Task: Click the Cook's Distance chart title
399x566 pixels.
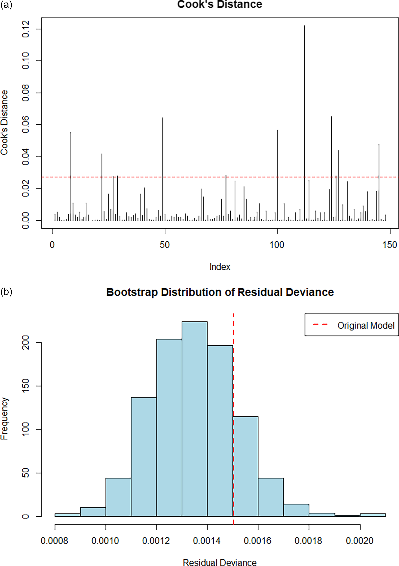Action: pos(220,5)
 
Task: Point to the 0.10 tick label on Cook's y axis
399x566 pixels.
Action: pos(26,61)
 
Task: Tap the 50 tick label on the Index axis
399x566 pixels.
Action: pos(165,245)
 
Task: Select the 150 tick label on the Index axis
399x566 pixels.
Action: pos(390,245)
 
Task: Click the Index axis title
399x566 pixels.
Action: pos(220,267)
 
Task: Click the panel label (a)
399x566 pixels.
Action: pos(6,5)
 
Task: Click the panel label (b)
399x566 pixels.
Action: pos(6,292)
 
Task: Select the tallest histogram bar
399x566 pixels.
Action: pos(195,418)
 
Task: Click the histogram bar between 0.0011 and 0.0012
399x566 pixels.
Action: pos(144,456)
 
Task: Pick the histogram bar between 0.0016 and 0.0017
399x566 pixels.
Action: pos(271,497)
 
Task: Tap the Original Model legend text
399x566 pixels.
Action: pos(366,326)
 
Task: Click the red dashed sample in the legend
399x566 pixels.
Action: pos(320,325)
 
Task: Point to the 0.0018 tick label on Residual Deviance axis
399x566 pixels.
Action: pos(308,540)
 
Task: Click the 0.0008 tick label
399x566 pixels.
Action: pos(54,540)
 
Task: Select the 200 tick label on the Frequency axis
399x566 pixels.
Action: pos(26,343)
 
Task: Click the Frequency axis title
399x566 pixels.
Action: pos(5,418)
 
